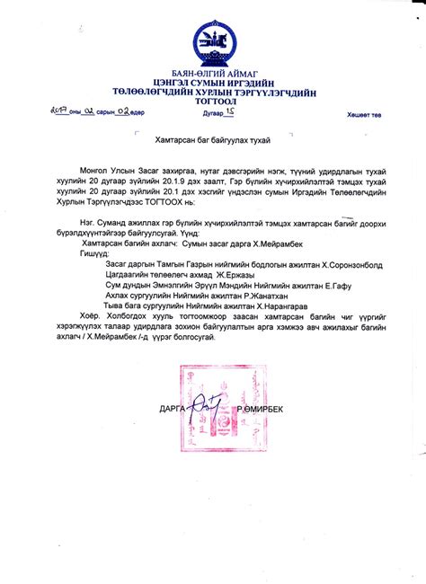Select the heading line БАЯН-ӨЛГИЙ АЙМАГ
(x=212, y=73)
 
